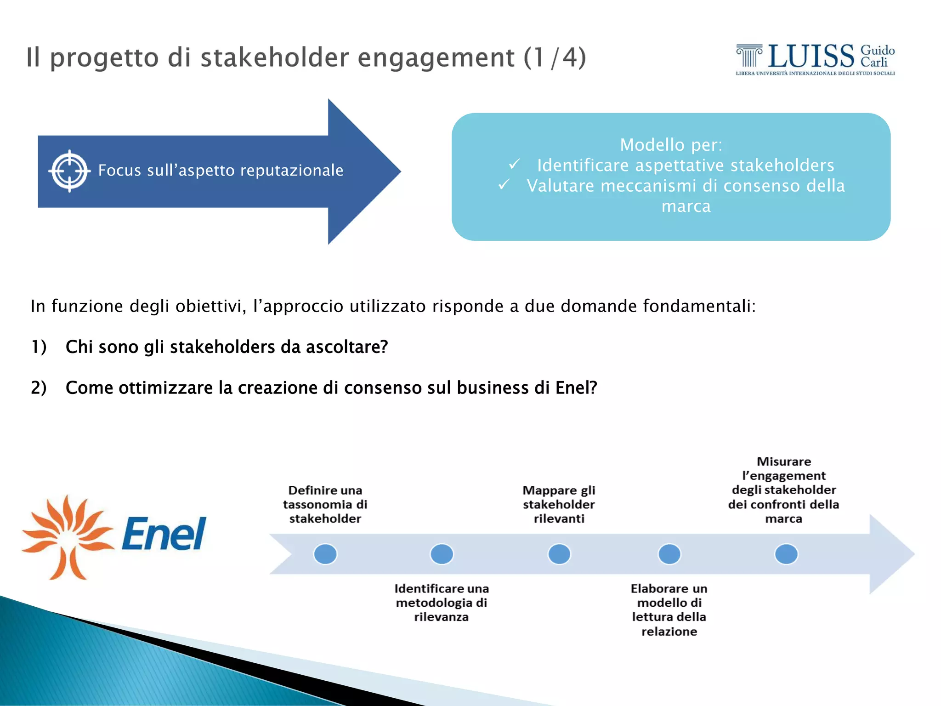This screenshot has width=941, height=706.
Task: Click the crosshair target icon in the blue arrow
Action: click(x=69, y=171)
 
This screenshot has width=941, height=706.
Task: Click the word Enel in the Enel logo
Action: click(x=164, y=534)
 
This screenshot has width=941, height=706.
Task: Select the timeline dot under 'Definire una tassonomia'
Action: click(x=325, y=554)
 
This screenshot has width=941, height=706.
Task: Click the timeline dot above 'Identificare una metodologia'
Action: click(x=442, y=554)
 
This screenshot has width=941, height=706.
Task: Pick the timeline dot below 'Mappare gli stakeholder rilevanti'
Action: click(x=559, y=554)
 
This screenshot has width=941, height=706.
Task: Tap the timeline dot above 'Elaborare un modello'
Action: click(x=669, y=554)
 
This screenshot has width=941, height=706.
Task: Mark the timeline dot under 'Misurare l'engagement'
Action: click(x=786, y=554)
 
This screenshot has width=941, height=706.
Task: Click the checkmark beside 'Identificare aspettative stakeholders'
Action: click(x=515, y=164)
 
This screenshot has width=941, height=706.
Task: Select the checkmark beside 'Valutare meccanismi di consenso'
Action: click(x=504, y=184)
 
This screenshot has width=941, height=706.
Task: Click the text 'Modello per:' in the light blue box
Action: click(x=671, y=145)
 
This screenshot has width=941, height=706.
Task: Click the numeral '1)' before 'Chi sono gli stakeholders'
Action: click(x=39, y=347)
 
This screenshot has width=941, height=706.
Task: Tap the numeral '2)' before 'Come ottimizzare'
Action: click(x=39, y=388)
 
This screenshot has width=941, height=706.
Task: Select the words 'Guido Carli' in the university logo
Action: click(x=877, y=56)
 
